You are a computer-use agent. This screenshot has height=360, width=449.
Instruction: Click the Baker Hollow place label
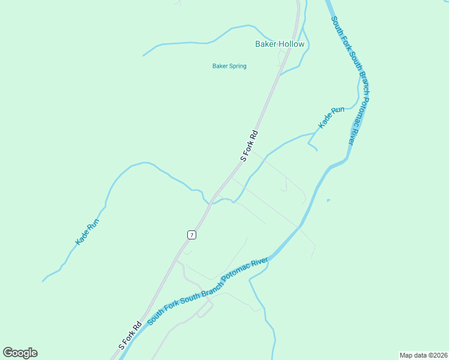click(x=280, y=44)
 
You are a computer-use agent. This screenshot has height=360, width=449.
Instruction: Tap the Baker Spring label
click(x=229, y=66)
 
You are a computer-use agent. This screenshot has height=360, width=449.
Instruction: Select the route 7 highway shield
click(x=191, y=235)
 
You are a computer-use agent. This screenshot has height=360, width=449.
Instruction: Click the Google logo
click(x=20, y=353)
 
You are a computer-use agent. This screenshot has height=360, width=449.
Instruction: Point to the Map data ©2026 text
click(x=423, y=355)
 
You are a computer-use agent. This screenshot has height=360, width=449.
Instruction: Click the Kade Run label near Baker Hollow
click(x=331, y=118)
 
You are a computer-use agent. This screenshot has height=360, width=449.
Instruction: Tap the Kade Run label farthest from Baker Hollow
click(x=87, y=232)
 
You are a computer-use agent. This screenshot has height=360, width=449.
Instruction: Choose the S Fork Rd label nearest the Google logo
click(x=130, y=336)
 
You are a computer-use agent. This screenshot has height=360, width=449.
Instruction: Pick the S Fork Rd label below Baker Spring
click(x=249, y=146)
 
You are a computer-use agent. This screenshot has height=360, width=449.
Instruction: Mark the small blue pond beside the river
click(x=328, y=200)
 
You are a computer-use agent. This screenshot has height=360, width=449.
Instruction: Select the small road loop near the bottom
click(x=205, y=307)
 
